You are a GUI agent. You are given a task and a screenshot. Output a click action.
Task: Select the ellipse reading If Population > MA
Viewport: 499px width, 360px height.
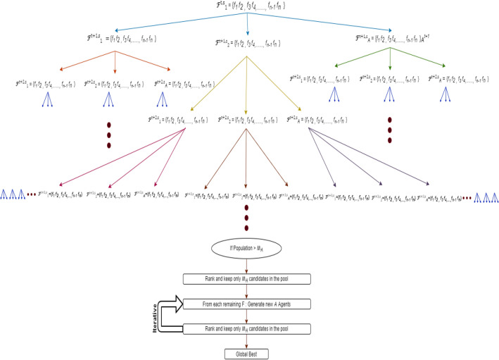[x=246, y=249]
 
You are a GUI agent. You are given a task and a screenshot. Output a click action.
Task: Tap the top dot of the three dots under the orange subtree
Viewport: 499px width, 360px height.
[x=109, y=125]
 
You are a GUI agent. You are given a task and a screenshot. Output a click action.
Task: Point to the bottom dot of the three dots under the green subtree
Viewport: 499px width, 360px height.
[x=389, y=139]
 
